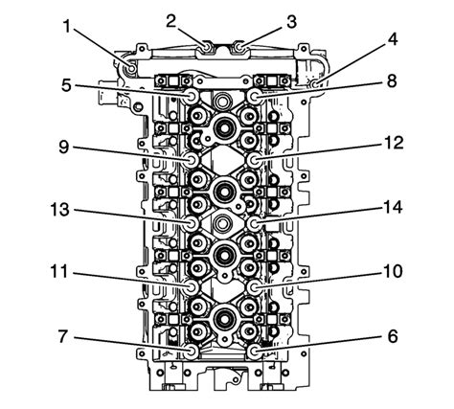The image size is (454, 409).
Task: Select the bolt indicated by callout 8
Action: [256, 97]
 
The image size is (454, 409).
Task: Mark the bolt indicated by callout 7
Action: [194, 352]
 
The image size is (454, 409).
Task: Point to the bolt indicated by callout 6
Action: [256, 352]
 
